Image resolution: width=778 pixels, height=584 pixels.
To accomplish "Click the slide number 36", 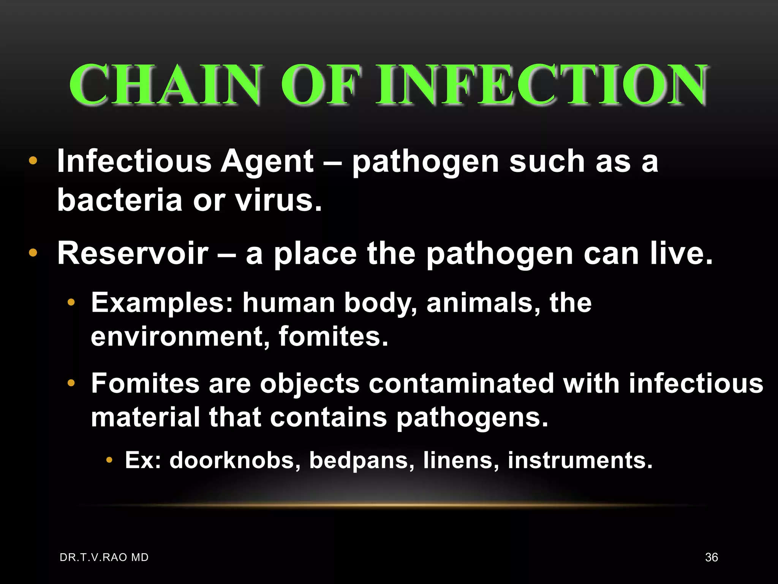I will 711,557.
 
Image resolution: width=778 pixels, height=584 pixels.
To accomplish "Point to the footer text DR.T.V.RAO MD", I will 104,557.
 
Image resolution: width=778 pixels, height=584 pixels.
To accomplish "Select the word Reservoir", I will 133,253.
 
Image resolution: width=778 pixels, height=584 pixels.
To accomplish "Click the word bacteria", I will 120,200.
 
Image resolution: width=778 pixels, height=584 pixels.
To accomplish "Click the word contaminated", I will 461,383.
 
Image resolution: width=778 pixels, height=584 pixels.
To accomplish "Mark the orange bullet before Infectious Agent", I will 33,161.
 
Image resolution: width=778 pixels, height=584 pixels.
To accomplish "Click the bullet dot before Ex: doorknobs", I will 109,460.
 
